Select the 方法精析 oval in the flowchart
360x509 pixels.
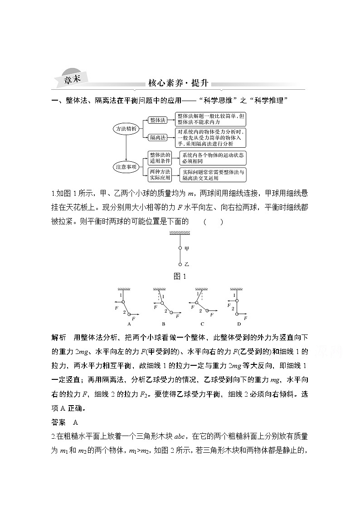coord(125,129)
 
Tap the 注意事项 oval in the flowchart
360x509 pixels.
coord(125,167)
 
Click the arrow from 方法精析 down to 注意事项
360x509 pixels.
coord(125,148)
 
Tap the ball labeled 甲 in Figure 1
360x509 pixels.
coord(180,248)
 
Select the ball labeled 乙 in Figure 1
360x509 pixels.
coord(180,264)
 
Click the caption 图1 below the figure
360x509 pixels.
coord(180,276)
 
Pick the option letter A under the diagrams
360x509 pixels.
coord(129,324)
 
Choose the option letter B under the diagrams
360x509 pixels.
coord(163,324)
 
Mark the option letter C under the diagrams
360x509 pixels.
coord(202,324)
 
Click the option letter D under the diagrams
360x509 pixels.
coord(238,324)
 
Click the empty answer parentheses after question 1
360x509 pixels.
coord(213,222)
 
